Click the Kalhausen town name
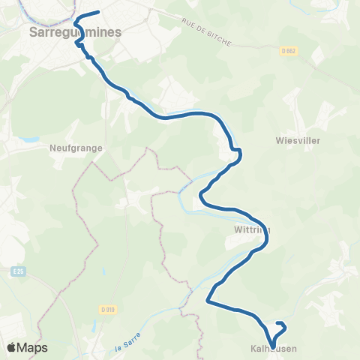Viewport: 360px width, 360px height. click(273, 349)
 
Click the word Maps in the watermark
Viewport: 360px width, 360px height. click(34, 347)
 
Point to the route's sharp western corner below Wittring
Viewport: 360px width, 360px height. click(208, 301)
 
